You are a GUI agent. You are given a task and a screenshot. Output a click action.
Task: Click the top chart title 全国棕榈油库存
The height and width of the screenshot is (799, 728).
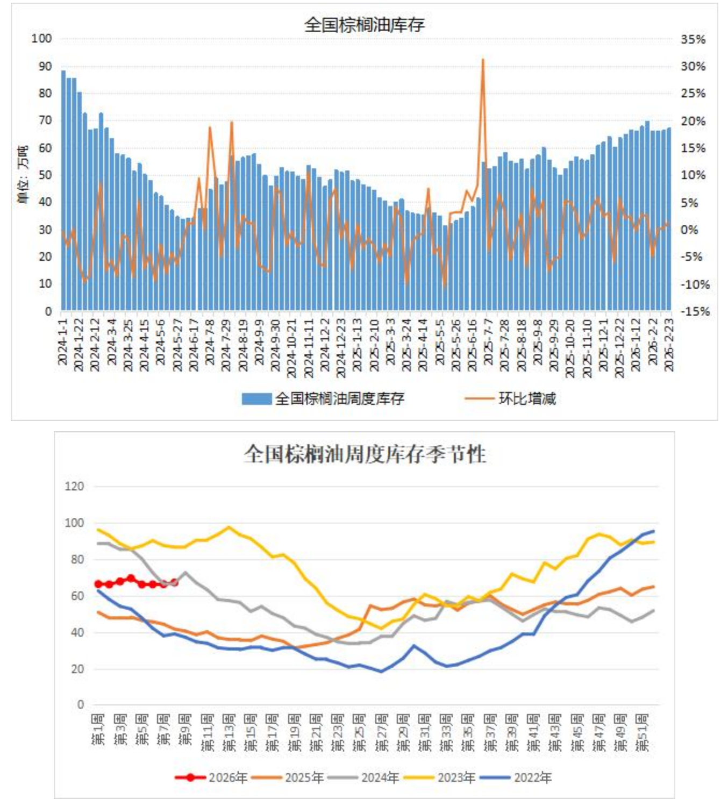(x=364, y=25)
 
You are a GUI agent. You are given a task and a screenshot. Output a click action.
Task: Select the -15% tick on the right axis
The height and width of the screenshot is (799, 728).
(x=695, y=311)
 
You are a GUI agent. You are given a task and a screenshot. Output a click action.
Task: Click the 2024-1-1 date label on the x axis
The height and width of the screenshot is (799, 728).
(x=63, y=342)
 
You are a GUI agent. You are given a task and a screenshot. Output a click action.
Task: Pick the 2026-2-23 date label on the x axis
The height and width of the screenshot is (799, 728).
(x=669, y=344)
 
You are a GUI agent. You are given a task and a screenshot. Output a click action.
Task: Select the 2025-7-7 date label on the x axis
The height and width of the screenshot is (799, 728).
(x=488, y=342)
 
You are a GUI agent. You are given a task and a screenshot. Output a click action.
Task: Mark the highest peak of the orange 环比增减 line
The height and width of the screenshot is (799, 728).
(x=483, y=60)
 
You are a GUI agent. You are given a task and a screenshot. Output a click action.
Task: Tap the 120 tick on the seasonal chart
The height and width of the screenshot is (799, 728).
(x=74, y=486)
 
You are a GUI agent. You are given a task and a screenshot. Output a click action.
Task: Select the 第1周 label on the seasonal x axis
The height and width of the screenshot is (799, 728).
(x=98, y=730)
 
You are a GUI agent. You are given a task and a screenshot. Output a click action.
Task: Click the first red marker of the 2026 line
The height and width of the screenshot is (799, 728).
(x=98, y=584)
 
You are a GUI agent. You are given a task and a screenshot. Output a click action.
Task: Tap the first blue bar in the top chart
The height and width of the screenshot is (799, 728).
(x=63, y=190)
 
